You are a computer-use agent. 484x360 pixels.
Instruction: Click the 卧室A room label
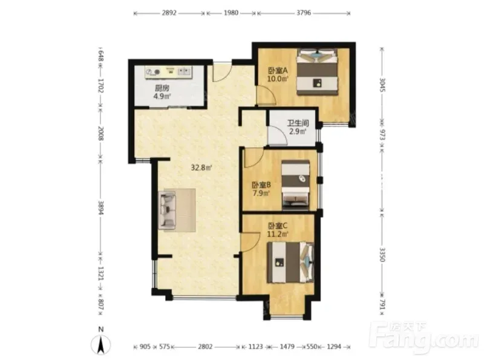click(278, 71)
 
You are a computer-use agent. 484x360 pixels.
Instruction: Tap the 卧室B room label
click(261, 185)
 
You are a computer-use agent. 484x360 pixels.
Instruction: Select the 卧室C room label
click(278, 226)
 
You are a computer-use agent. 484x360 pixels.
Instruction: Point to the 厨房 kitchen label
click(162, 88)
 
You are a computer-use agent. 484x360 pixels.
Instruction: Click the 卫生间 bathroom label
click(298, 123)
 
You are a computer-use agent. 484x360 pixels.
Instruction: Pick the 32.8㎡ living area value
click(201, 168)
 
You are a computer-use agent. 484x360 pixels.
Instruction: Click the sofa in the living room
click(167, 210)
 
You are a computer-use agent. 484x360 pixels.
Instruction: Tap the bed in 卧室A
click(317, 71)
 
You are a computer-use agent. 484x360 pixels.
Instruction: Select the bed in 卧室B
click(296, 185)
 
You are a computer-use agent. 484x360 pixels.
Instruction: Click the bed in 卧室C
click(291, 263)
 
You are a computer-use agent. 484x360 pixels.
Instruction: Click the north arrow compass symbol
click(100, 344)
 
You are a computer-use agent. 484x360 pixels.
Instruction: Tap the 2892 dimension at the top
click(169, 13)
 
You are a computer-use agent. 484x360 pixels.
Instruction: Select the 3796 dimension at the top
click(304, 13)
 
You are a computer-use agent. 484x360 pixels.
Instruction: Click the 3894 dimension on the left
click(100, 208)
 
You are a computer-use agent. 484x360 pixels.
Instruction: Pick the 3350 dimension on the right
click(382, 254)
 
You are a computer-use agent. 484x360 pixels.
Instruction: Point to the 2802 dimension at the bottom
click(205, 347)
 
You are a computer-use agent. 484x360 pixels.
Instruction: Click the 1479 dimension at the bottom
click(287, 347)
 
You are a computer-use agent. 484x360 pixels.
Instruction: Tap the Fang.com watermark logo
click(425, 338)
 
